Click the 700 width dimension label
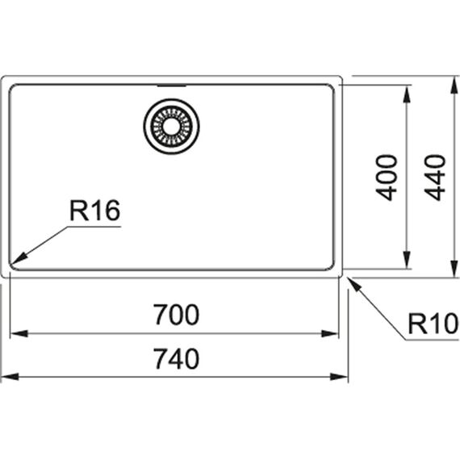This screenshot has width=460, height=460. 177,315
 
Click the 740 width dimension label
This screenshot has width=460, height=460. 177,358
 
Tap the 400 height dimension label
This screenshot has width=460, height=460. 387,178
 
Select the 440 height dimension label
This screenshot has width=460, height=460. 435,178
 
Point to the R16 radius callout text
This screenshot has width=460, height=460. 94,210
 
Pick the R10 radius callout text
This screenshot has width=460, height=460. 433,324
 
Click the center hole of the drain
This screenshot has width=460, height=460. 171,127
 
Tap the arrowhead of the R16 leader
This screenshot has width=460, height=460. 19,258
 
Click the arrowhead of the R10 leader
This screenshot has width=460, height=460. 353,284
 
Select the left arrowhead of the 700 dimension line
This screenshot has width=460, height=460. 19,333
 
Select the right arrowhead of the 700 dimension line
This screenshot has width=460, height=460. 330,333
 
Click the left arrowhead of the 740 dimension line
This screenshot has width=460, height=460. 10,377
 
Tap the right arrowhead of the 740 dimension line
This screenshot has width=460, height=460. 339,377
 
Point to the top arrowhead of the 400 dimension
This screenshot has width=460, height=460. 407,94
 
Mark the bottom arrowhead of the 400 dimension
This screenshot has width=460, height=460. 407,260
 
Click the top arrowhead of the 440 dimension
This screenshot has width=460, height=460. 454,85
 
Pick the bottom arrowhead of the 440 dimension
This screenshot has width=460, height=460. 454,268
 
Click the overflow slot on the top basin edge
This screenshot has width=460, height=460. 172,86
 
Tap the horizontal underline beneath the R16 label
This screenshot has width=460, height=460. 94,227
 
